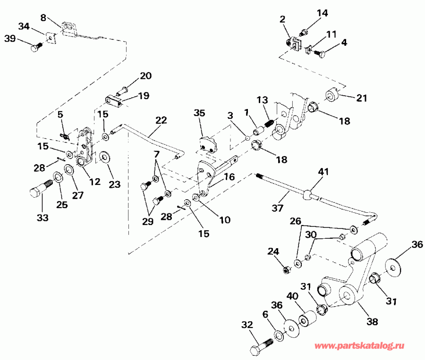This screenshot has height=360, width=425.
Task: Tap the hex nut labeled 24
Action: (285, 270)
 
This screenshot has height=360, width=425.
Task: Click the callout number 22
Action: (161, 120)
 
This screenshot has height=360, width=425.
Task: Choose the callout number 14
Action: (322, 13)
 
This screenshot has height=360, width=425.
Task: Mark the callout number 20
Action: (145, 75)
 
